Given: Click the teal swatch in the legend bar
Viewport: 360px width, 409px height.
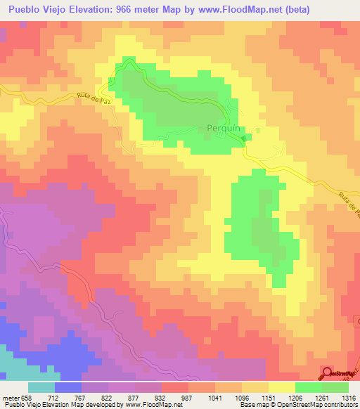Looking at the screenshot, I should point(41,387).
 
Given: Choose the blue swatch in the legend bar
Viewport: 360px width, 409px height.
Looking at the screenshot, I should point(68,387).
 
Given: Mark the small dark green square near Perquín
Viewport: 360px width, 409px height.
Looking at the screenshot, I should point(244,138).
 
